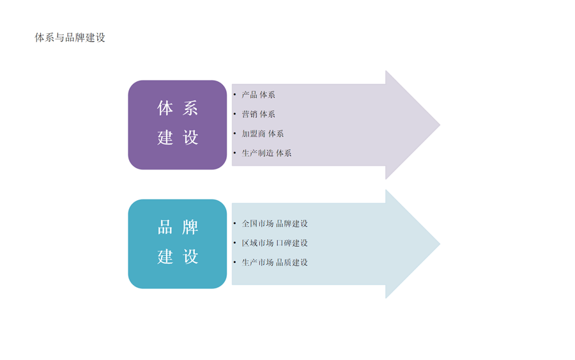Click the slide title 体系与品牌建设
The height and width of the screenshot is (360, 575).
(x=70, y=38)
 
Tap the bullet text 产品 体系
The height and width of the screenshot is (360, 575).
(x=259, y=95)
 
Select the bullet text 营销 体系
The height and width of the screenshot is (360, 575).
(x=259, y=114)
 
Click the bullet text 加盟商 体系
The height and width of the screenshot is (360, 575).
(x=263, y=134)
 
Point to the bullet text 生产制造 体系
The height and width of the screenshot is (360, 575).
(x=266, y=153)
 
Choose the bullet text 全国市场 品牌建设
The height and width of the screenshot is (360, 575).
(x=275, y=224)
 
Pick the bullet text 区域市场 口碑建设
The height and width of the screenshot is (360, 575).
(x=275, y=243)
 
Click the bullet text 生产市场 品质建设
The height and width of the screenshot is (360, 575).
(x=275, y=262)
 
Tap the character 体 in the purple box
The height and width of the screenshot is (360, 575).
(x=165, y=108)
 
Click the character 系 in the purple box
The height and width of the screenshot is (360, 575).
(x=190, y=108)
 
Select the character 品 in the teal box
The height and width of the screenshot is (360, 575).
(x=165, y=227)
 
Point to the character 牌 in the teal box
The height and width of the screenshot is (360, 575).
(x=190, y=227)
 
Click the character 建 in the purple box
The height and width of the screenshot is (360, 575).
(x=165, y=137)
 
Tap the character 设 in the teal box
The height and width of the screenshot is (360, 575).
(x=190, y=256)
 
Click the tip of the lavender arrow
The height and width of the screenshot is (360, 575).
(x=440, y=125)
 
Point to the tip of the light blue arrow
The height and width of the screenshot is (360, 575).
(x=440, y=244)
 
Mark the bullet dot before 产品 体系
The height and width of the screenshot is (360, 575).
(x=234, y=95)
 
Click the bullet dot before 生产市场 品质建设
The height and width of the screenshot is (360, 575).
(x=234, y=262)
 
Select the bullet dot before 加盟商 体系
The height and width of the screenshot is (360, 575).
(x=234, y=134)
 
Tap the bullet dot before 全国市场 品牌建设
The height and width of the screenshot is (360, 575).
(x=234, y=224)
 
